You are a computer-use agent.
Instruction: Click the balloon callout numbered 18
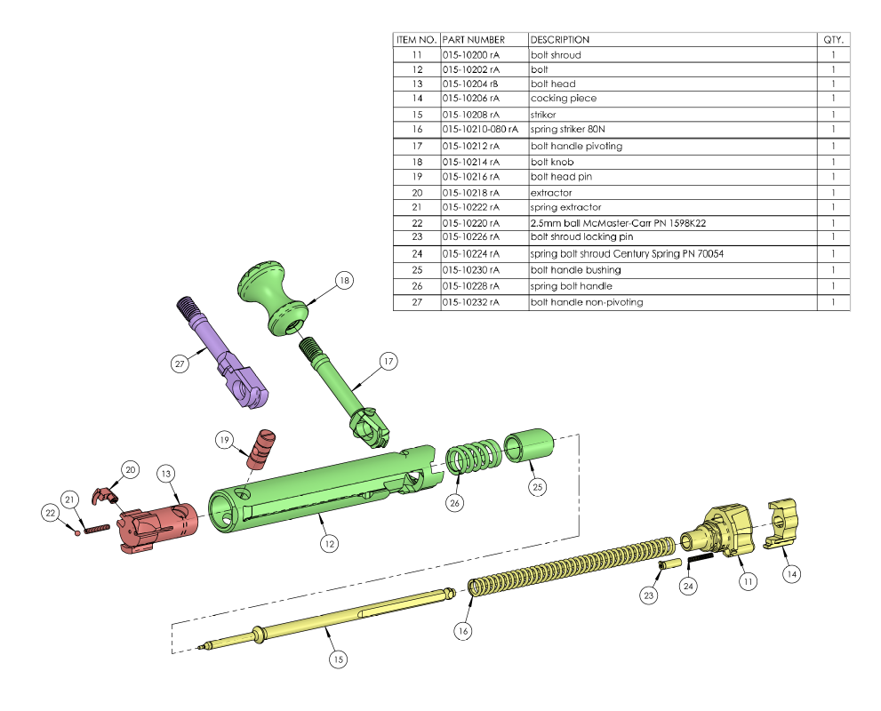tap(345, 281)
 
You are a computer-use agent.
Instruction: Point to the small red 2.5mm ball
tap(78, 533)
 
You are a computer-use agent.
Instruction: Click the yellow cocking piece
tap(781, 522)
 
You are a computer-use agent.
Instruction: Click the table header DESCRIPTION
tap(560, 40)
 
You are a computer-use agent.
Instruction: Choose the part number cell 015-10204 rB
tap(470, 84)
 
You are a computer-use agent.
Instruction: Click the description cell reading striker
tap(543, 115)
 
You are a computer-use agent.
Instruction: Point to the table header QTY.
tap(834, 40)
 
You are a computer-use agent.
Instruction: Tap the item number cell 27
tap(416, 302)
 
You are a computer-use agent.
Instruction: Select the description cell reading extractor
tap(551, 192)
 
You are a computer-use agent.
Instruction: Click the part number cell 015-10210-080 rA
tap(479, 130)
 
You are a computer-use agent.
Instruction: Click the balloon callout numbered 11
tap(748, 581)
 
